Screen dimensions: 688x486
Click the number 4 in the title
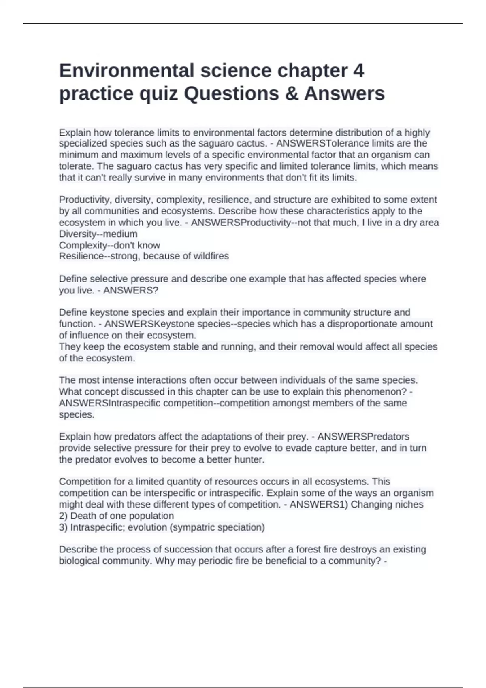(x=358, y=71)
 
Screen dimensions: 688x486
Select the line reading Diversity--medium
(x=98, y=234)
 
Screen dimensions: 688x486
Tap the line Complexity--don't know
(x=109, y=245)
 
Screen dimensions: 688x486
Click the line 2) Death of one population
(x=116, y=516)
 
